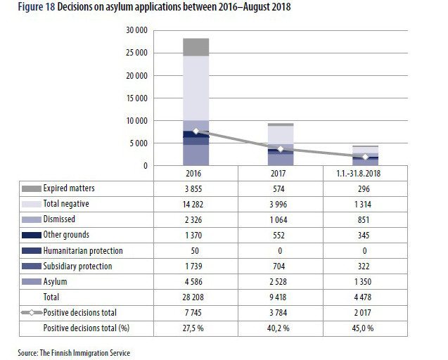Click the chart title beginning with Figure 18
click(x=151, y=7)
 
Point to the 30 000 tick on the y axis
click(x=135, y=30)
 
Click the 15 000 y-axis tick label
click(x=135, y=98)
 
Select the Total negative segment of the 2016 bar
click(x=196, y=88)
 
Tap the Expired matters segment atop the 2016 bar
click(x=196, y=47)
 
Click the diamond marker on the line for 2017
click(x=281, y=149)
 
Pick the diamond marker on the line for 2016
click(x=196, y=131)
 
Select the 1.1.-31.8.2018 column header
click(x=365, y=173)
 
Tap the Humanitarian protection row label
click(x=82, y=251)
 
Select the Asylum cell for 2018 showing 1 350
click(x=365, y=282)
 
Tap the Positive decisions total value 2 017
click(x=365, y=313)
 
